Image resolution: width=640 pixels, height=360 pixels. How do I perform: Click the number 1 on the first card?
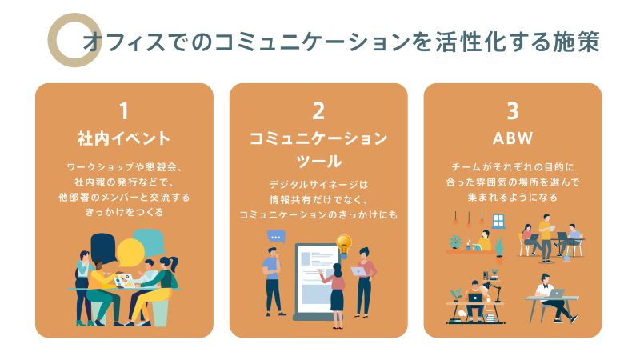click(124, 111)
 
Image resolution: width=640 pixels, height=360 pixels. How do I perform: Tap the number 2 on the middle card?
click(318, 111)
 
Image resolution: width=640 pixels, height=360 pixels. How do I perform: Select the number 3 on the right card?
click(513, 111)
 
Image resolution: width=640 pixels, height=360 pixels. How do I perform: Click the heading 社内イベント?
click(124, 138)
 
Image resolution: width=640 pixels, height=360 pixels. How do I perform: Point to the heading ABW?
click(513, 138)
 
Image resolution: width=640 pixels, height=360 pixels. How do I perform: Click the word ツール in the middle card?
click(318, 162)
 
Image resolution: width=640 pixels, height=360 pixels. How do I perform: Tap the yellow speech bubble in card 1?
click(130, 252)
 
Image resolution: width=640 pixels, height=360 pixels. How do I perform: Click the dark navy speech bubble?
click(103, 248)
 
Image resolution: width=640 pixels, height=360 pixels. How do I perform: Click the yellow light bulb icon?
click(344, 245)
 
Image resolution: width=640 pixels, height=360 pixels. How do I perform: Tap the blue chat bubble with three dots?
click(276, 237)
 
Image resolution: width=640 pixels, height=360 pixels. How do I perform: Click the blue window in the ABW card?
click(498, 221)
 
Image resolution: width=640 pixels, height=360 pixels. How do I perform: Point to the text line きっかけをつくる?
click(124, 212)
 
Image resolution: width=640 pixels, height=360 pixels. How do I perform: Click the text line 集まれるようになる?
click(513, 198)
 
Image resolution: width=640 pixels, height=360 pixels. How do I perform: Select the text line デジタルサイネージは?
click(318, 185)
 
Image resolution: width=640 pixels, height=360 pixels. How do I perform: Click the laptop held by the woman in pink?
click(358, 271)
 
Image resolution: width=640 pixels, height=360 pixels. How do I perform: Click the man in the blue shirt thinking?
click(273, 282)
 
